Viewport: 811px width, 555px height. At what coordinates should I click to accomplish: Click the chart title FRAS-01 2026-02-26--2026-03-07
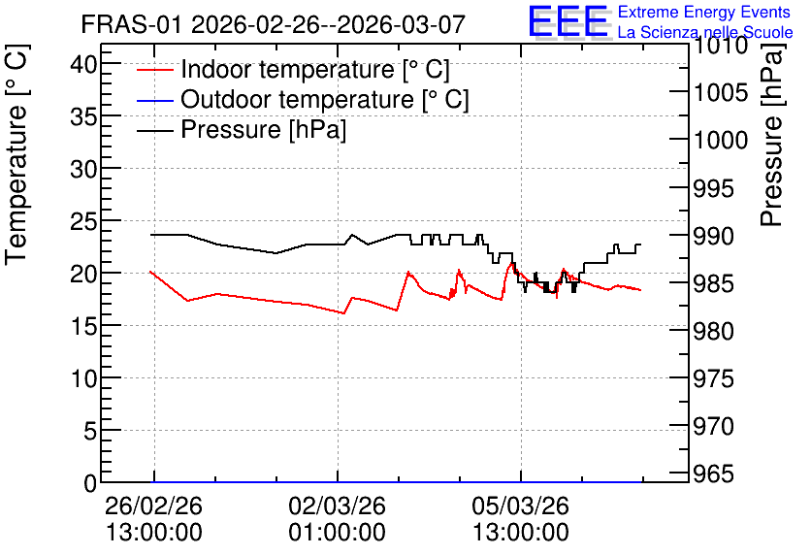(274, 24)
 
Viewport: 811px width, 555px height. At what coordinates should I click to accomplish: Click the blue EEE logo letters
(568, 21)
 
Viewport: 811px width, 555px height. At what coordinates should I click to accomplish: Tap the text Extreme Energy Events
(704, 12)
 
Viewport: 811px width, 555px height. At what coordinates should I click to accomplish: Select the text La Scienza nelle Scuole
(705, 32)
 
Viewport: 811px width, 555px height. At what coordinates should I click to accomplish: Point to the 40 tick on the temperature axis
(84, 65)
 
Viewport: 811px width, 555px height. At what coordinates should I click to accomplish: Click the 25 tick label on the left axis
(84, 222)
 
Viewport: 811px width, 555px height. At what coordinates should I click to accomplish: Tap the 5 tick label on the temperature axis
(91, 431)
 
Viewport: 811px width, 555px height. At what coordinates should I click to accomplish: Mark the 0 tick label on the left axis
(91, 483)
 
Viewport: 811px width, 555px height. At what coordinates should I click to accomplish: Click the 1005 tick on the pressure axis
(721, 93)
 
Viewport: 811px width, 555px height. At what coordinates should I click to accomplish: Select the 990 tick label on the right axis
(713, 236)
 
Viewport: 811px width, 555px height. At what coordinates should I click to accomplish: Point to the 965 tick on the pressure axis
(713, 473)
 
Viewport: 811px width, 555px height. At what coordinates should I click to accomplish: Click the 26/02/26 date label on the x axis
(153, 506)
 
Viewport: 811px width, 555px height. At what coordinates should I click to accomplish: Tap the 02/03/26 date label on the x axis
(337, 506)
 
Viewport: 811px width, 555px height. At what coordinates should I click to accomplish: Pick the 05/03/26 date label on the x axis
(520, 506)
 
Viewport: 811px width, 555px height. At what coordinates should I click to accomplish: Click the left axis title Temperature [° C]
(16, 155)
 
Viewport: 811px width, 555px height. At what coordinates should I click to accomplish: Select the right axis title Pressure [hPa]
(772, 136)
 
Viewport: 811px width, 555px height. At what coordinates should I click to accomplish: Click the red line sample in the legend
(154, 69)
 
